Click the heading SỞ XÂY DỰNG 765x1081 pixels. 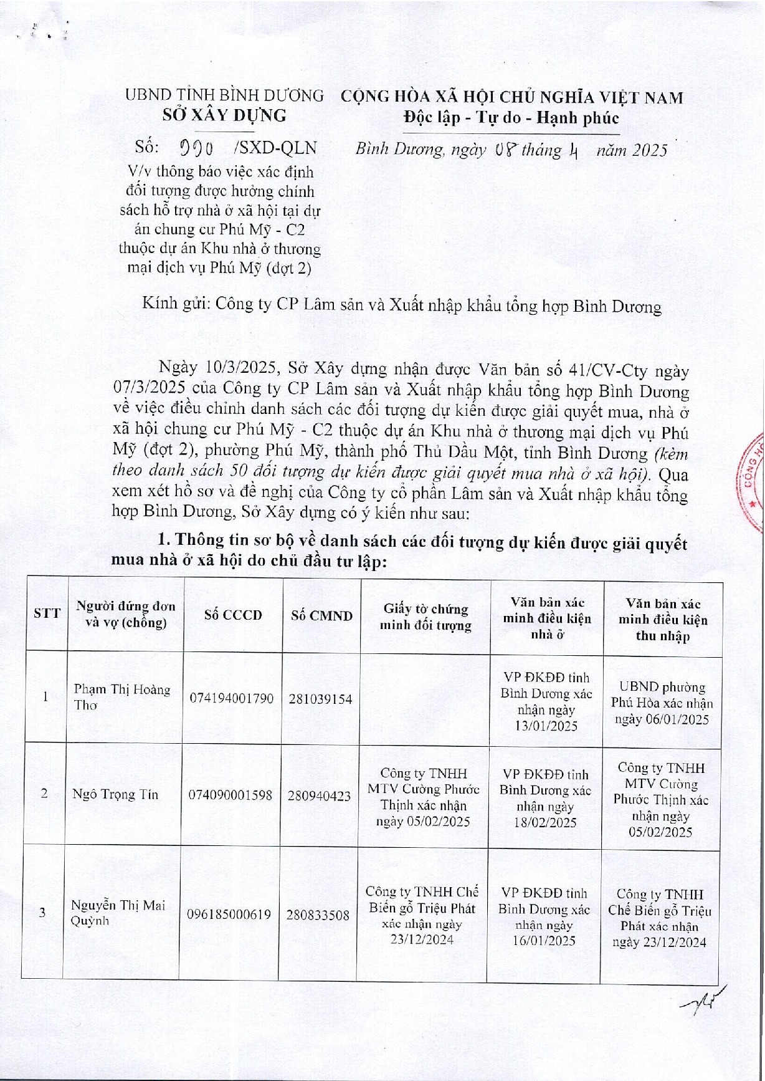(x=224, y=115)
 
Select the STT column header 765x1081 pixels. (x=47, y=613)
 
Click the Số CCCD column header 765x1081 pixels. (x=233, y=615)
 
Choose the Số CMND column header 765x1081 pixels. (x=321, y=616)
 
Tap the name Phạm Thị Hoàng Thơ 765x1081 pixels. (x=122, y=697)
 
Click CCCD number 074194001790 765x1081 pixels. (x=232, y=699)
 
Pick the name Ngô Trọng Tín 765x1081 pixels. (x=115, y=794)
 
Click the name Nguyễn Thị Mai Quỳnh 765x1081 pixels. (x=118, y=913)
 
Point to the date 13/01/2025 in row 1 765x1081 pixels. (x=546, y=726)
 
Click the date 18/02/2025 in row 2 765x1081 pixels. (x=545, y=823)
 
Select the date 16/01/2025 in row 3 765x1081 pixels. (x=544, y=941)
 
